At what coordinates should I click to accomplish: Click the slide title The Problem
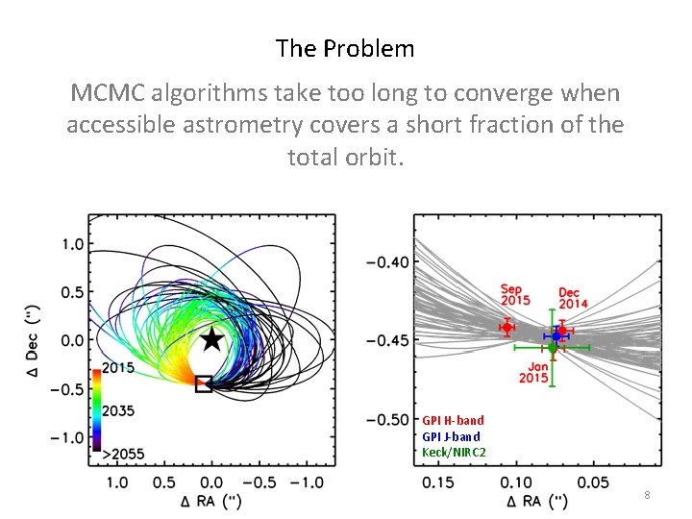[x=345, y=48]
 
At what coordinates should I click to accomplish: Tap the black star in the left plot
[x=211, y=339]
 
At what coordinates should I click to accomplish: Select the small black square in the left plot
[x=204, y=383]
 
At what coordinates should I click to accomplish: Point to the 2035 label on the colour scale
[x=121, y=410]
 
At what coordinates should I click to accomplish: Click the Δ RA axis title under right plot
[x=537, y=502]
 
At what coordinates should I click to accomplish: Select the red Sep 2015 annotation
[x=515, y=295]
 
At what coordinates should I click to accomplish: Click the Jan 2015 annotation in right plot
[x=533, y=371]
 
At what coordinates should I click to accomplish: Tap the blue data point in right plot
[x=556, y=334]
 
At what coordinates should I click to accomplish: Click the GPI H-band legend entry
[x=453, y=420]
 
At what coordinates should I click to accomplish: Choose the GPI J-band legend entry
[x=451, y=436]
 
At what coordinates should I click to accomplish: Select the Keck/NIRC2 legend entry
[x=454, y=452]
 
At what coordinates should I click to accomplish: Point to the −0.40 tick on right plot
[x=387, y=261]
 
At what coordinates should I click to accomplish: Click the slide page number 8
[x=647, y=495]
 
